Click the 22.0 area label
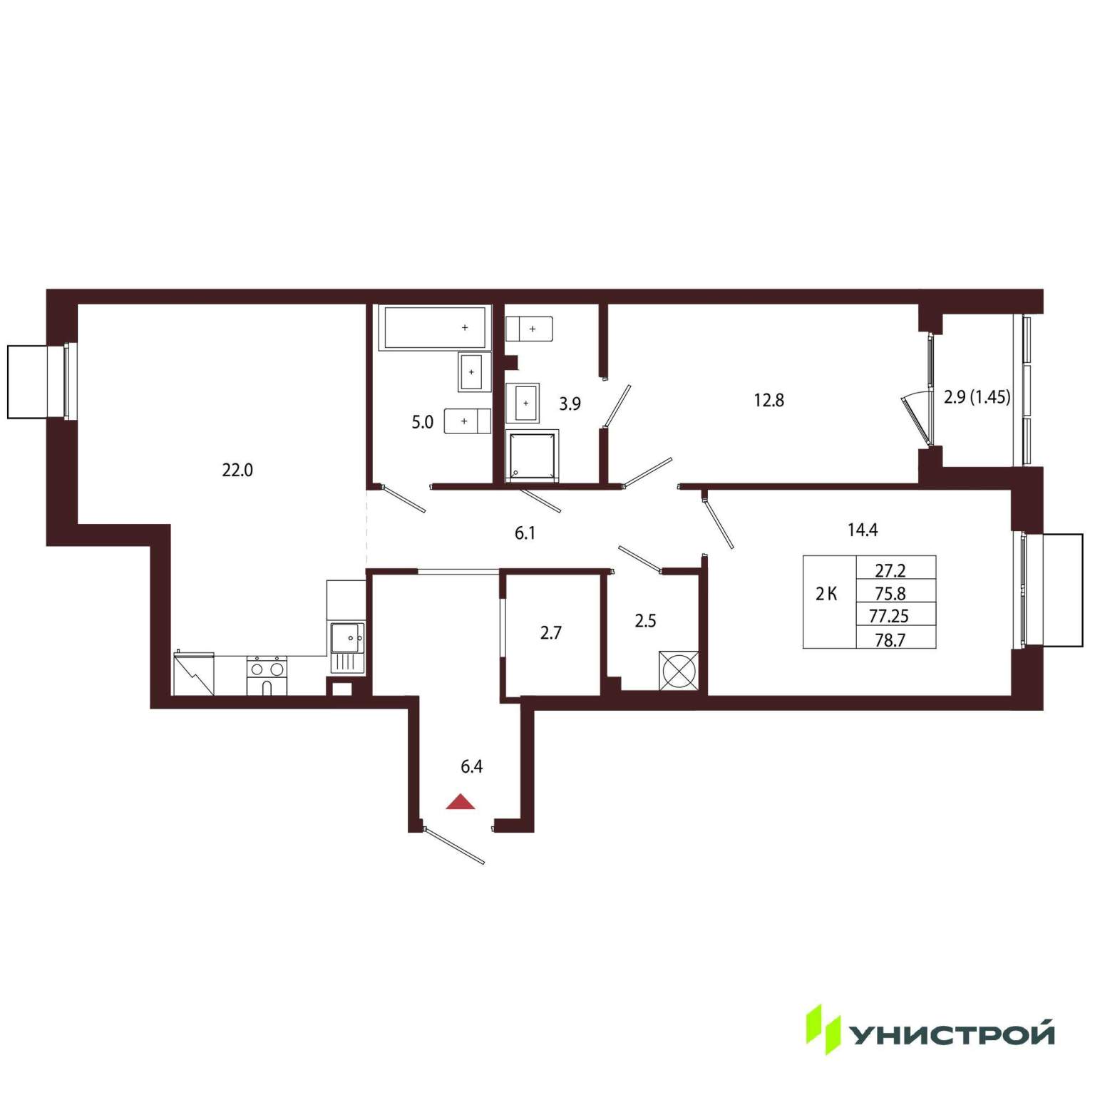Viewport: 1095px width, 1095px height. coord(237,471)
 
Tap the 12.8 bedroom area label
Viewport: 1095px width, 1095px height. coord(769,401)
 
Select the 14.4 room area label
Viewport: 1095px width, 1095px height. coord(863,530)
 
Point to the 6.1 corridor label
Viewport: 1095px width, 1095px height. coord(525,533)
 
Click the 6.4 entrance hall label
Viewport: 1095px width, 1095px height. coord(472,767)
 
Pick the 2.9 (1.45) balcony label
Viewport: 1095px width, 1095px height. coord(977,397)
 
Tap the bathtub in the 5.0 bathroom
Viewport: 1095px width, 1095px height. coord(435,327)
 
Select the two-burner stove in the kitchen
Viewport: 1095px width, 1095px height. coord(267,675)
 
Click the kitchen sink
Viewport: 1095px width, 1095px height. coord(347,647)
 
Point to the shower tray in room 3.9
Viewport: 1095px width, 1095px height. coord(532,456)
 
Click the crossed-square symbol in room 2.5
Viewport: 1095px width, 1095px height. coord(678,670)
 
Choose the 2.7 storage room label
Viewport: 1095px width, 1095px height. coord(550,632)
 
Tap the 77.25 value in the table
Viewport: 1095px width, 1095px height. coord(889,615)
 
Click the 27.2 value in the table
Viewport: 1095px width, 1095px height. coord(890,571)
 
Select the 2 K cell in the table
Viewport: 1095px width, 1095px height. coord(827,594)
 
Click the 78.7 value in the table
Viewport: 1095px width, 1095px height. coord(890,640)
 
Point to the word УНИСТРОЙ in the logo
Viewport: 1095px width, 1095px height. coord(953,1034)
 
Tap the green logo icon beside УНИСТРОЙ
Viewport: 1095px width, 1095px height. coord(824,1029)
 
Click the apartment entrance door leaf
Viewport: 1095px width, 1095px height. coord(454,846)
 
